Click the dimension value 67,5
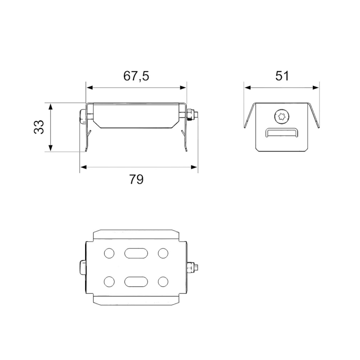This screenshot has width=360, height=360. [136, 76]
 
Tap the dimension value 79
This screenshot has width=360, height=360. [136, 179]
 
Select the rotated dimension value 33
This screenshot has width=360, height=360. [39, 127]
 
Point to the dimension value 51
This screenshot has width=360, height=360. [282, 76]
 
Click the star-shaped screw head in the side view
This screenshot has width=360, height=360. [282, 117]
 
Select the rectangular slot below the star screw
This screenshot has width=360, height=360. [282, 133]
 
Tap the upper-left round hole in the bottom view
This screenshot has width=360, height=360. [109, 253]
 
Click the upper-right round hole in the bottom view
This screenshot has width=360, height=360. [163, 253]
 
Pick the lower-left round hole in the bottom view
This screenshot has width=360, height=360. [109, 282]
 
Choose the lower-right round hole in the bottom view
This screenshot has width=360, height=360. [163, 282]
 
